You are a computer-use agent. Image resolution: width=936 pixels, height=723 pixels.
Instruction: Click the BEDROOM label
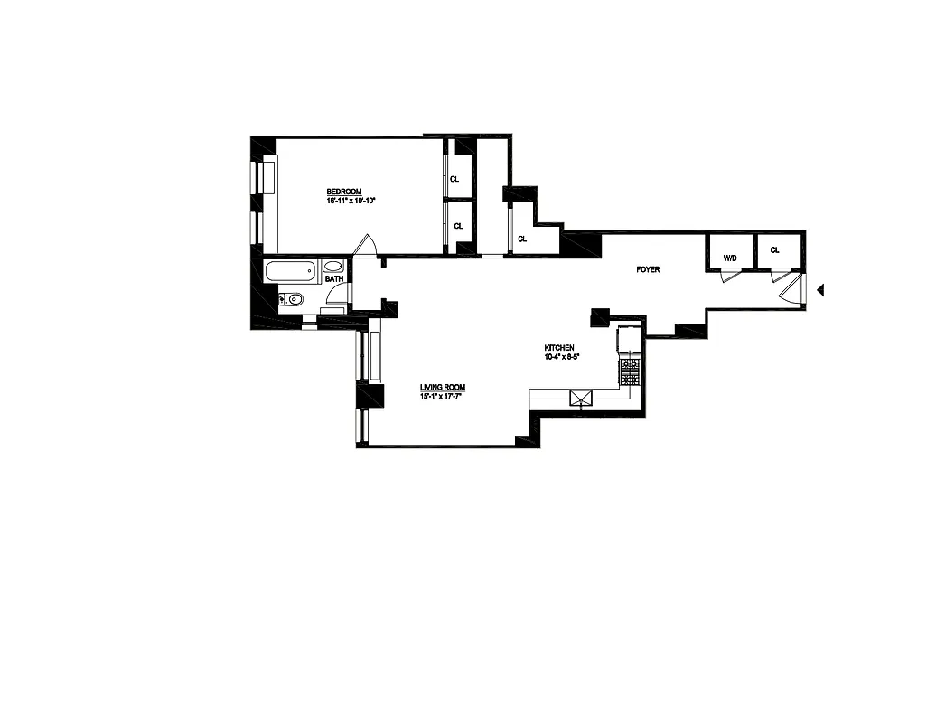(344, 192)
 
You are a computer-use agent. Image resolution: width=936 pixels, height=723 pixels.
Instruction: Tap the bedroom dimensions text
(351, 201)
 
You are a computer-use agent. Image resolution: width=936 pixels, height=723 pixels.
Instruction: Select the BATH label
(333, 279)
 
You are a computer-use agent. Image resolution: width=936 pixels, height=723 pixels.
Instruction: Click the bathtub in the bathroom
(290, 270)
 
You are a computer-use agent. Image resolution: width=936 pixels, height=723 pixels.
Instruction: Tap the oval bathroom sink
(332, 267)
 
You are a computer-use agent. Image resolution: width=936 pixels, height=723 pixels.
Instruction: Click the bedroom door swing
(366, 245)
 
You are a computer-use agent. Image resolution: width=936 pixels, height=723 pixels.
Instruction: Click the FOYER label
(649, 268)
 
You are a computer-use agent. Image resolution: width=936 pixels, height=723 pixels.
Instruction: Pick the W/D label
(730, 258)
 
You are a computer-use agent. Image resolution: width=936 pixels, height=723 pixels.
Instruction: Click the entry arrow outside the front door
(821, 290)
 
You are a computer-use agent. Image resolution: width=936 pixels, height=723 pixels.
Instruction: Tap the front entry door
(791, 291)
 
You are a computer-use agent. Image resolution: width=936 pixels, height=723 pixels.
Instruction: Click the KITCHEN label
(559, 348)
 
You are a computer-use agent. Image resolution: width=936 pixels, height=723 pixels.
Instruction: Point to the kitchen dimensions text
(560, 357)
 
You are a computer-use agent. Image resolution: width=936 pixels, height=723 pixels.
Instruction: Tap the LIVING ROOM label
(442, 387)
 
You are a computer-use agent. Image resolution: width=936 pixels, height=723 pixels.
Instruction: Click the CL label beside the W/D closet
(775, 249)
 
